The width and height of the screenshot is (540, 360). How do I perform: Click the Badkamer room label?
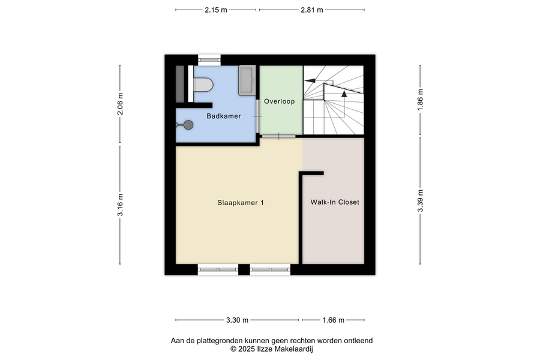tap(224, 116)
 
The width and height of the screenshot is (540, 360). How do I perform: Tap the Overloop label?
tap(279, 101)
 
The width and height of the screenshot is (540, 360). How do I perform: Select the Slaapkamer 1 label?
tap(241, 203)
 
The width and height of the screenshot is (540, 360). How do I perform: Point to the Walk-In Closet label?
tap(335, 202)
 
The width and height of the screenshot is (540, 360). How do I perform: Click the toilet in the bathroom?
tap(203, 85)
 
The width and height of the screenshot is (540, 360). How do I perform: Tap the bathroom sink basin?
tap(247, 80)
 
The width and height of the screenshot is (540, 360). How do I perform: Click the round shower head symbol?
tap(188, 125)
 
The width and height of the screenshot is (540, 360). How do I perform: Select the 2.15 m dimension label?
tap(216, 10)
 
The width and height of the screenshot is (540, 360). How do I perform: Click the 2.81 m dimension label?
tap(311, 10)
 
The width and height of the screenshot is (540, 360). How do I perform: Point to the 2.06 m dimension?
tap(120, 104)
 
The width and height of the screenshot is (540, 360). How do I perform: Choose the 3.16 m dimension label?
tap(120, 205)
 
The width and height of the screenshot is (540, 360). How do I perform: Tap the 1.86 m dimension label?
tap(420, 100)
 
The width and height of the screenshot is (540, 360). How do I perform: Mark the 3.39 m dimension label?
tap(420, 201)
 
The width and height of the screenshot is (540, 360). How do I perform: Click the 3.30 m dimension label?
tap(237, 320)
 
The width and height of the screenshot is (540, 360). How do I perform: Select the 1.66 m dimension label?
tap(333, 320)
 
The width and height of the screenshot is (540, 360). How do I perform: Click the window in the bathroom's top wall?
tap(209, 60)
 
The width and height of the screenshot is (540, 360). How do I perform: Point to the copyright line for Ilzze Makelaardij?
tap(272, 349)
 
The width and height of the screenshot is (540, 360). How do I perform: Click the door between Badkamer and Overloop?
tap(257, 116)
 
